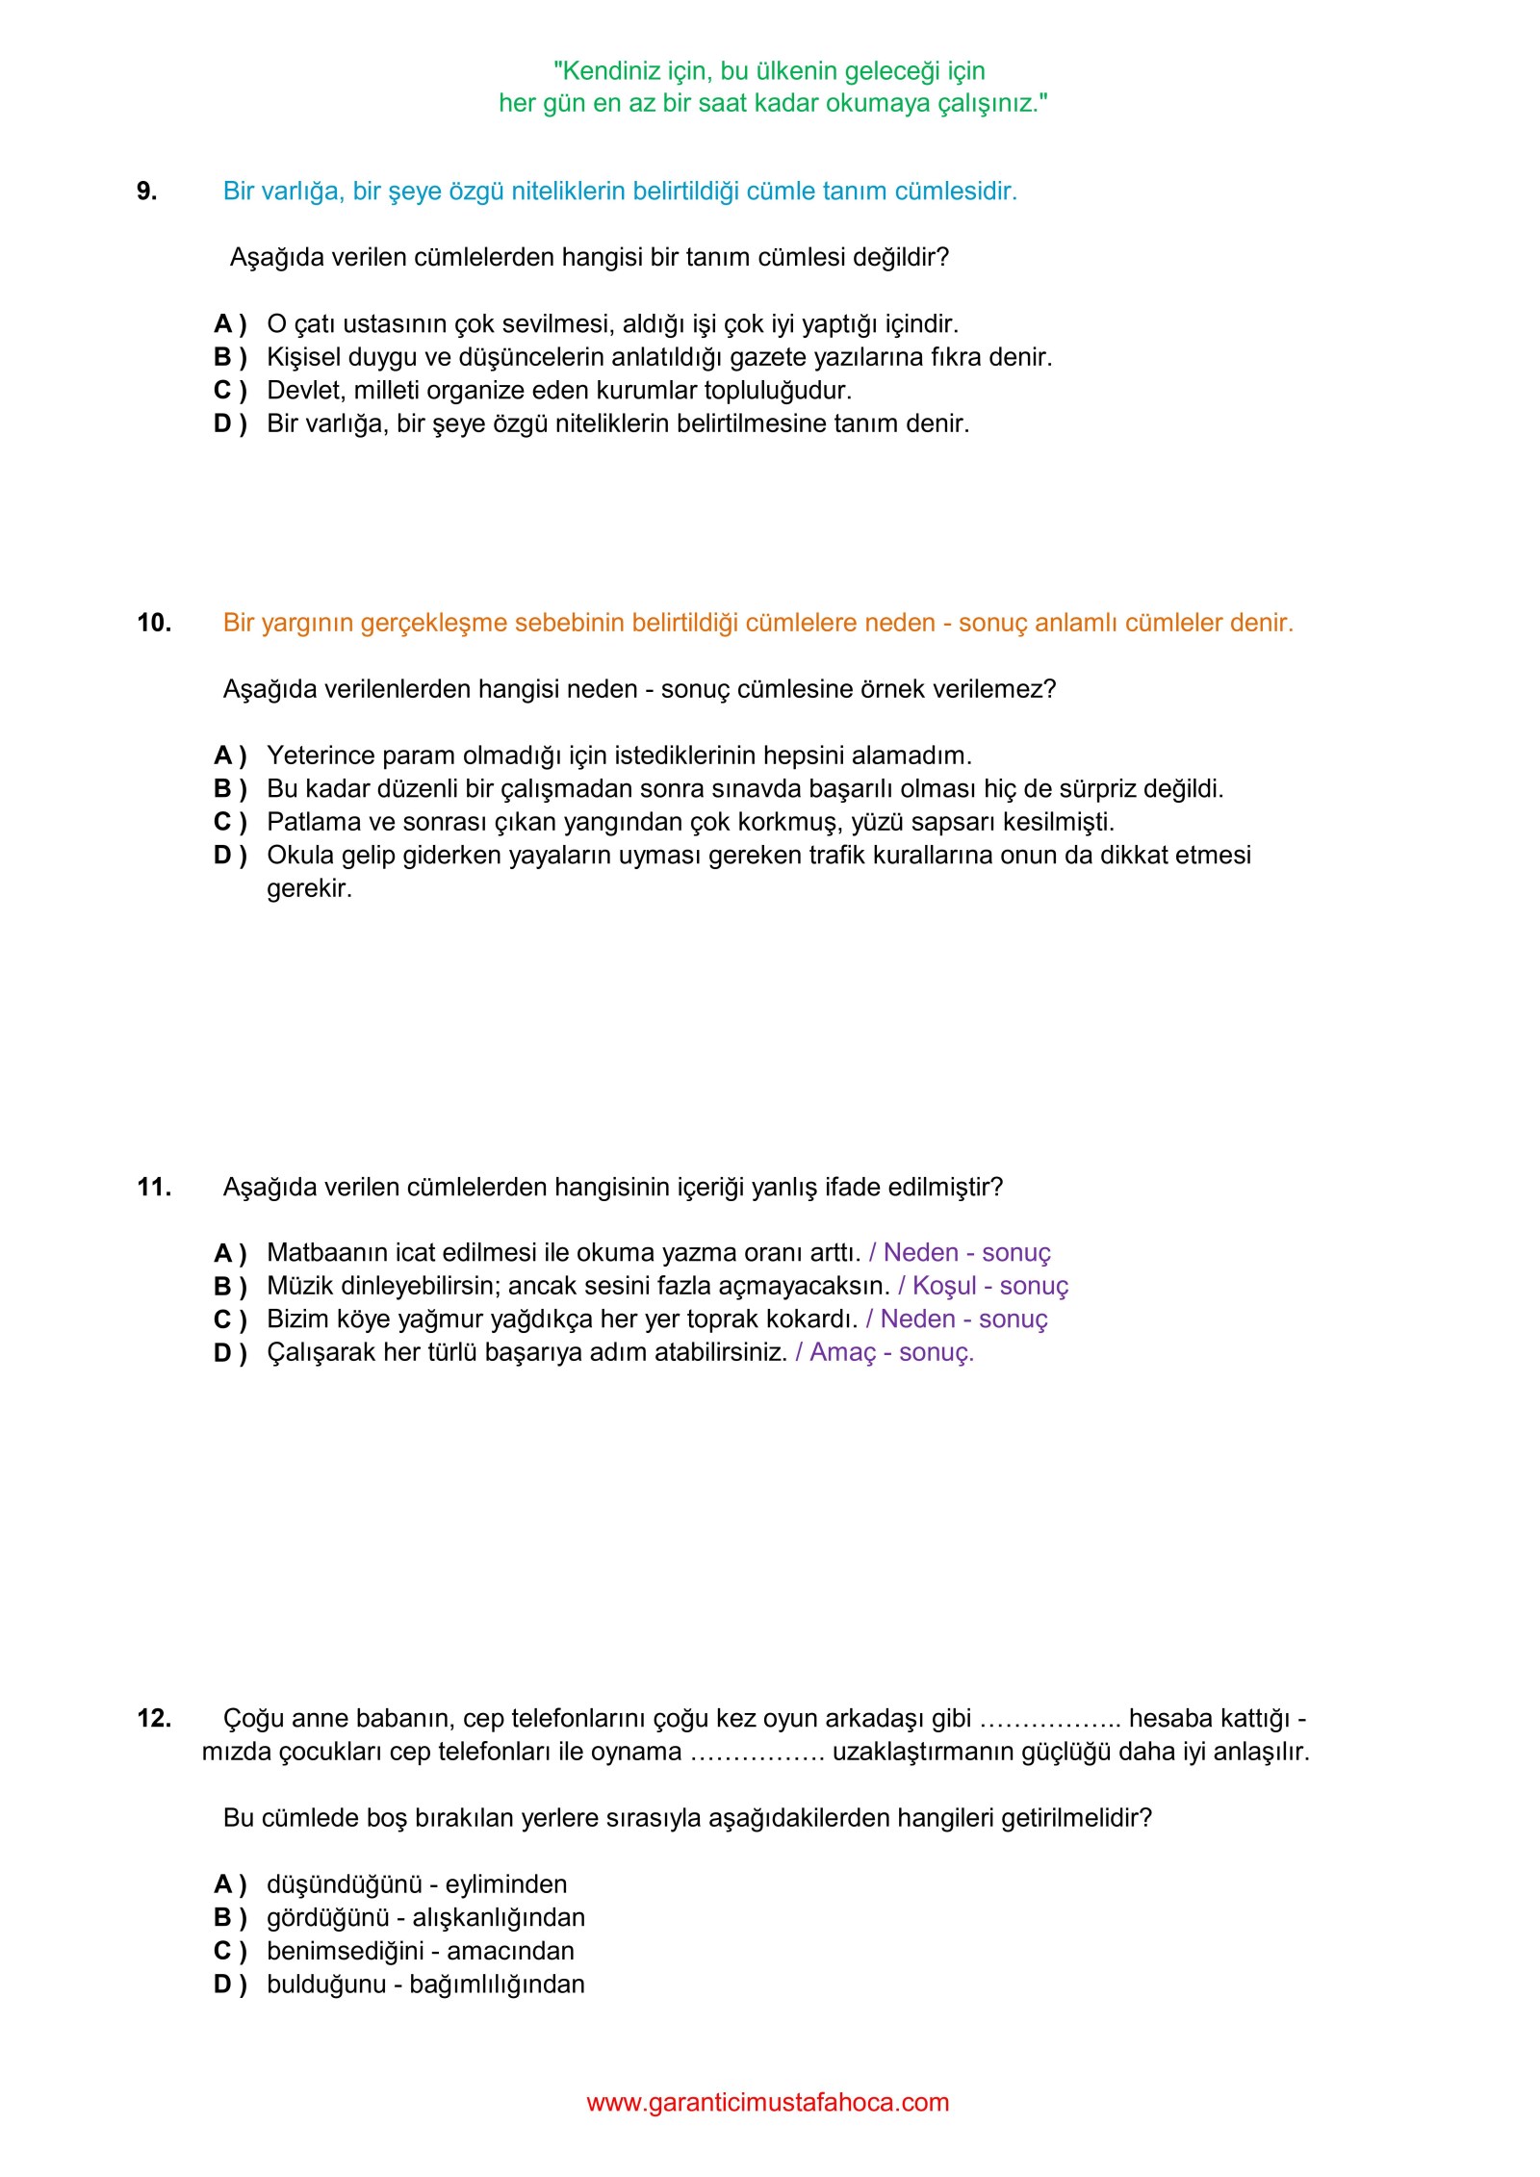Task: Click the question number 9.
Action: (x=146, y=191)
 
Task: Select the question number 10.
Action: (x=154, y=623)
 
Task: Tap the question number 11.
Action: (x=154, y=1187)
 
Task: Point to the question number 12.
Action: (x=154, y=1718)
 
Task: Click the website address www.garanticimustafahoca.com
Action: (x=768, y=2102)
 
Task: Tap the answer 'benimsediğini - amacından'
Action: (x=421, y=1951)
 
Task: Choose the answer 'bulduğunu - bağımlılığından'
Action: (x=425, y=1984)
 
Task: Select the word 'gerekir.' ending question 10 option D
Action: (x=310, y=888)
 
